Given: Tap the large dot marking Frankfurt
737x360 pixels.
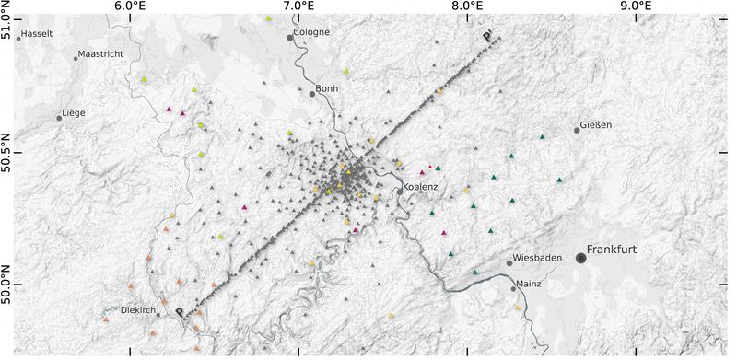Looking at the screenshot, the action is point(581,258).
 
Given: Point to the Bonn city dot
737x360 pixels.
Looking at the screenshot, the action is point(313,93).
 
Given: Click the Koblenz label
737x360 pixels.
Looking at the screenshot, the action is point(419,187).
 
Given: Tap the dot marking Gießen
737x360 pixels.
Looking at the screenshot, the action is point(577,130).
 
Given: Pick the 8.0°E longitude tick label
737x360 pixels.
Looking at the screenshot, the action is point(468,6).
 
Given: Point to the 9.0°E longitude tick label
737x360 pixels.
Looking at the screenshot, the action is point(637,6).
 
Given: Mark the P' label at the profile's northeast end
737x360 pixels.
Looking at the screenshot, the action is point(486,38).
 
